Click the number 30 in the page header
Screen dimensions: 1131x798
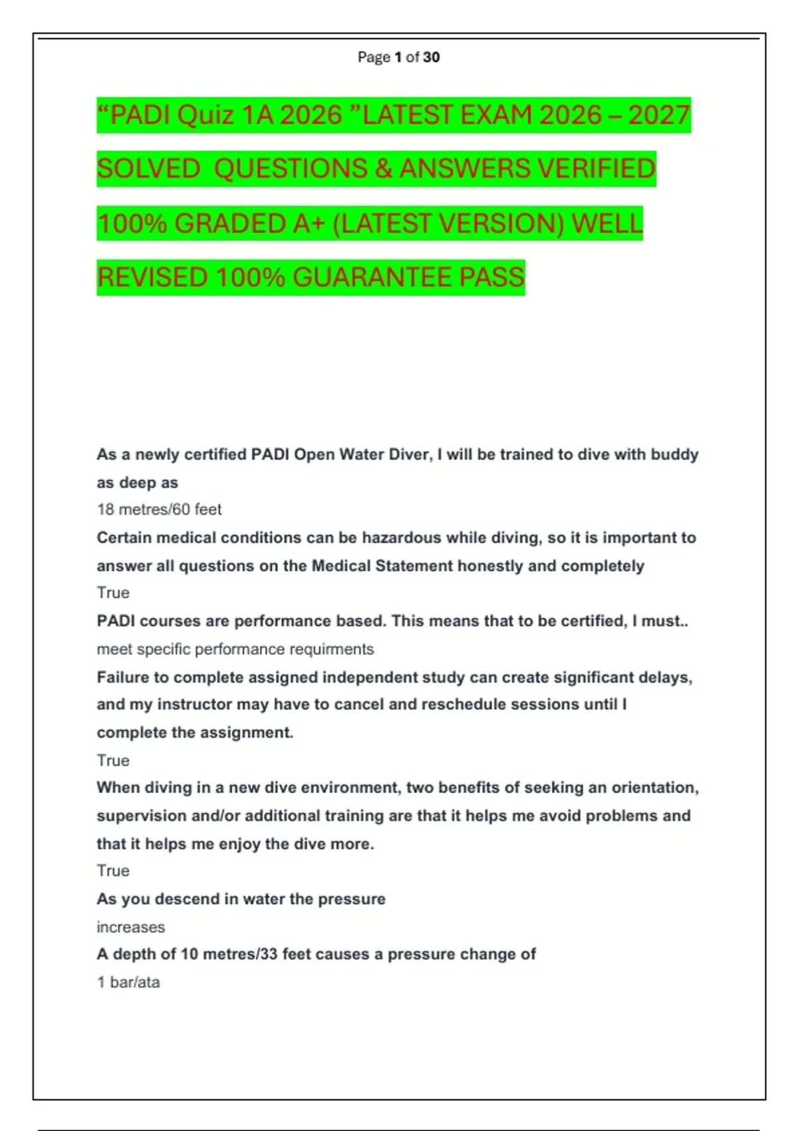tap(431, 57)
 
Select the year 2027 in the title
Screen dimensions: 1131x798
tap(659, 115)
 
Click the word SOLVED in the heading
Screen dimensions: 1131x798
tap(148, 168)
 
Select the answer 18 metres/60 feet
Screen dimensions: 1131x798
tap(159, 510)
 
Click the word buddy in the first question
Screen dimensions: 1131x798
tap(674, 454)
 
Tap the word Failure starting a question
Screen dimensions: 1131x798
tap(123, 677)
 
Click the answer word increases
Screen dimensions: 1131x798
tap(130, 927)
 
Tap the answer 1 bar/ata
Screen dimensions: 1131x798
tap(128, 983)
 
